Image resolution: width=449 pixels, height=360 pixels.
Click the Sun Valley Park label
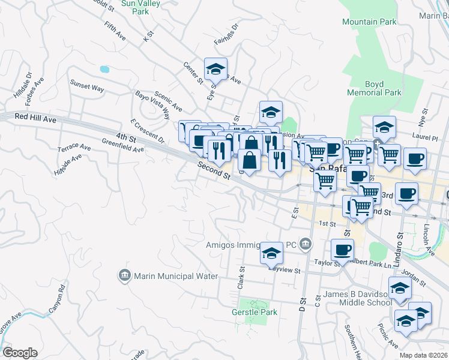point(135,7)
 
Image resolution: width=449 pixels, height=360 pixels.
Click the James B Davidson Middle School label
point(358,298)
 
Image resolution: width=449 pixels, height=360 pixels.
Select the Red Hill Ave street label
point(35,119)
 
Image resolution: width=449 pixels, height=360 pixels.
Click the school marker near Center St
point(215,70)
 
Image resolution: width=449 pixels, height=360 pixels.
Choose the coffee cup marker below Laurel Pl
point(415,159)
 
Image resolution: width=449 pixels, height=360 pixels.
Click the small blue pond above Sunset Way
point(105,69)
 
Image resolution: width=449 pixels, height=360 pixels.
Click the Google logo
point(20,353)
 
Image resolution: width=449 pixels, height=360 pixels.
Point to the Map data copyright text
point(424,355)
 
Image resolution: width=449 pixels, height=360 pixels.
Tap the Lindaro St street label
point(399,246)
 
